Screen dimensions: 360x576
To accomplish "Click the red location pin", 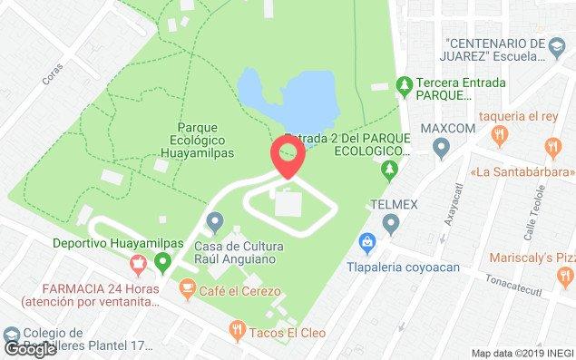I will (x=288, y=156).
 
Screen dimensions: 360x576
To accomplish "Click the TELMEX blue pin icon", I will (x=392, y=222).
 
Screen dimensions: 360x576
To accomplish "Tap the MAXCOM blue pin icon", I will (x=442, y=147).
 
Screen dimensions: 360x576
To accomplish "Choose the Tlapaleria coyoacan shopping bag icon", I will (x=366, y=242).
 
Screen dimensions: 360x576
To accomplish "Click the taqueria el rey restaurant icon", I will (x=497, y=135).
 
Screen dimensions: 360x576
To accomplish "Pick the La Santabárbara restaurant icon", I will (x=552, y=147).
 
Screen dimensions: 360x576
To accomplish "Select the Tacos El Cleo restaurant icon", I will (x=237, y=328).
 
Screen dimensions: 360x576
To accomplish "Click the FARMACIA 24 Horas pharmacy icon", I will (x=138, y=265).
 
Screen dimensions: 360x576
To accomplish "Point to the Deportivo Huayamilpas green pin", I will (x=163, y=263).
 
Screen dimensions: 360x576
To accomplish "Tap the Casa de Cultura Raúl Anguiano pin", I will (x=215, y=221).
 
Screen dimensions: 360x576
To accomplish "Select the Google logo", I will (x=30, y=348).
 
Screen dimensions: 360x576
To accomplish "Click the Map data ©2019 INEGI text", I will (x=522, y=353).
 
